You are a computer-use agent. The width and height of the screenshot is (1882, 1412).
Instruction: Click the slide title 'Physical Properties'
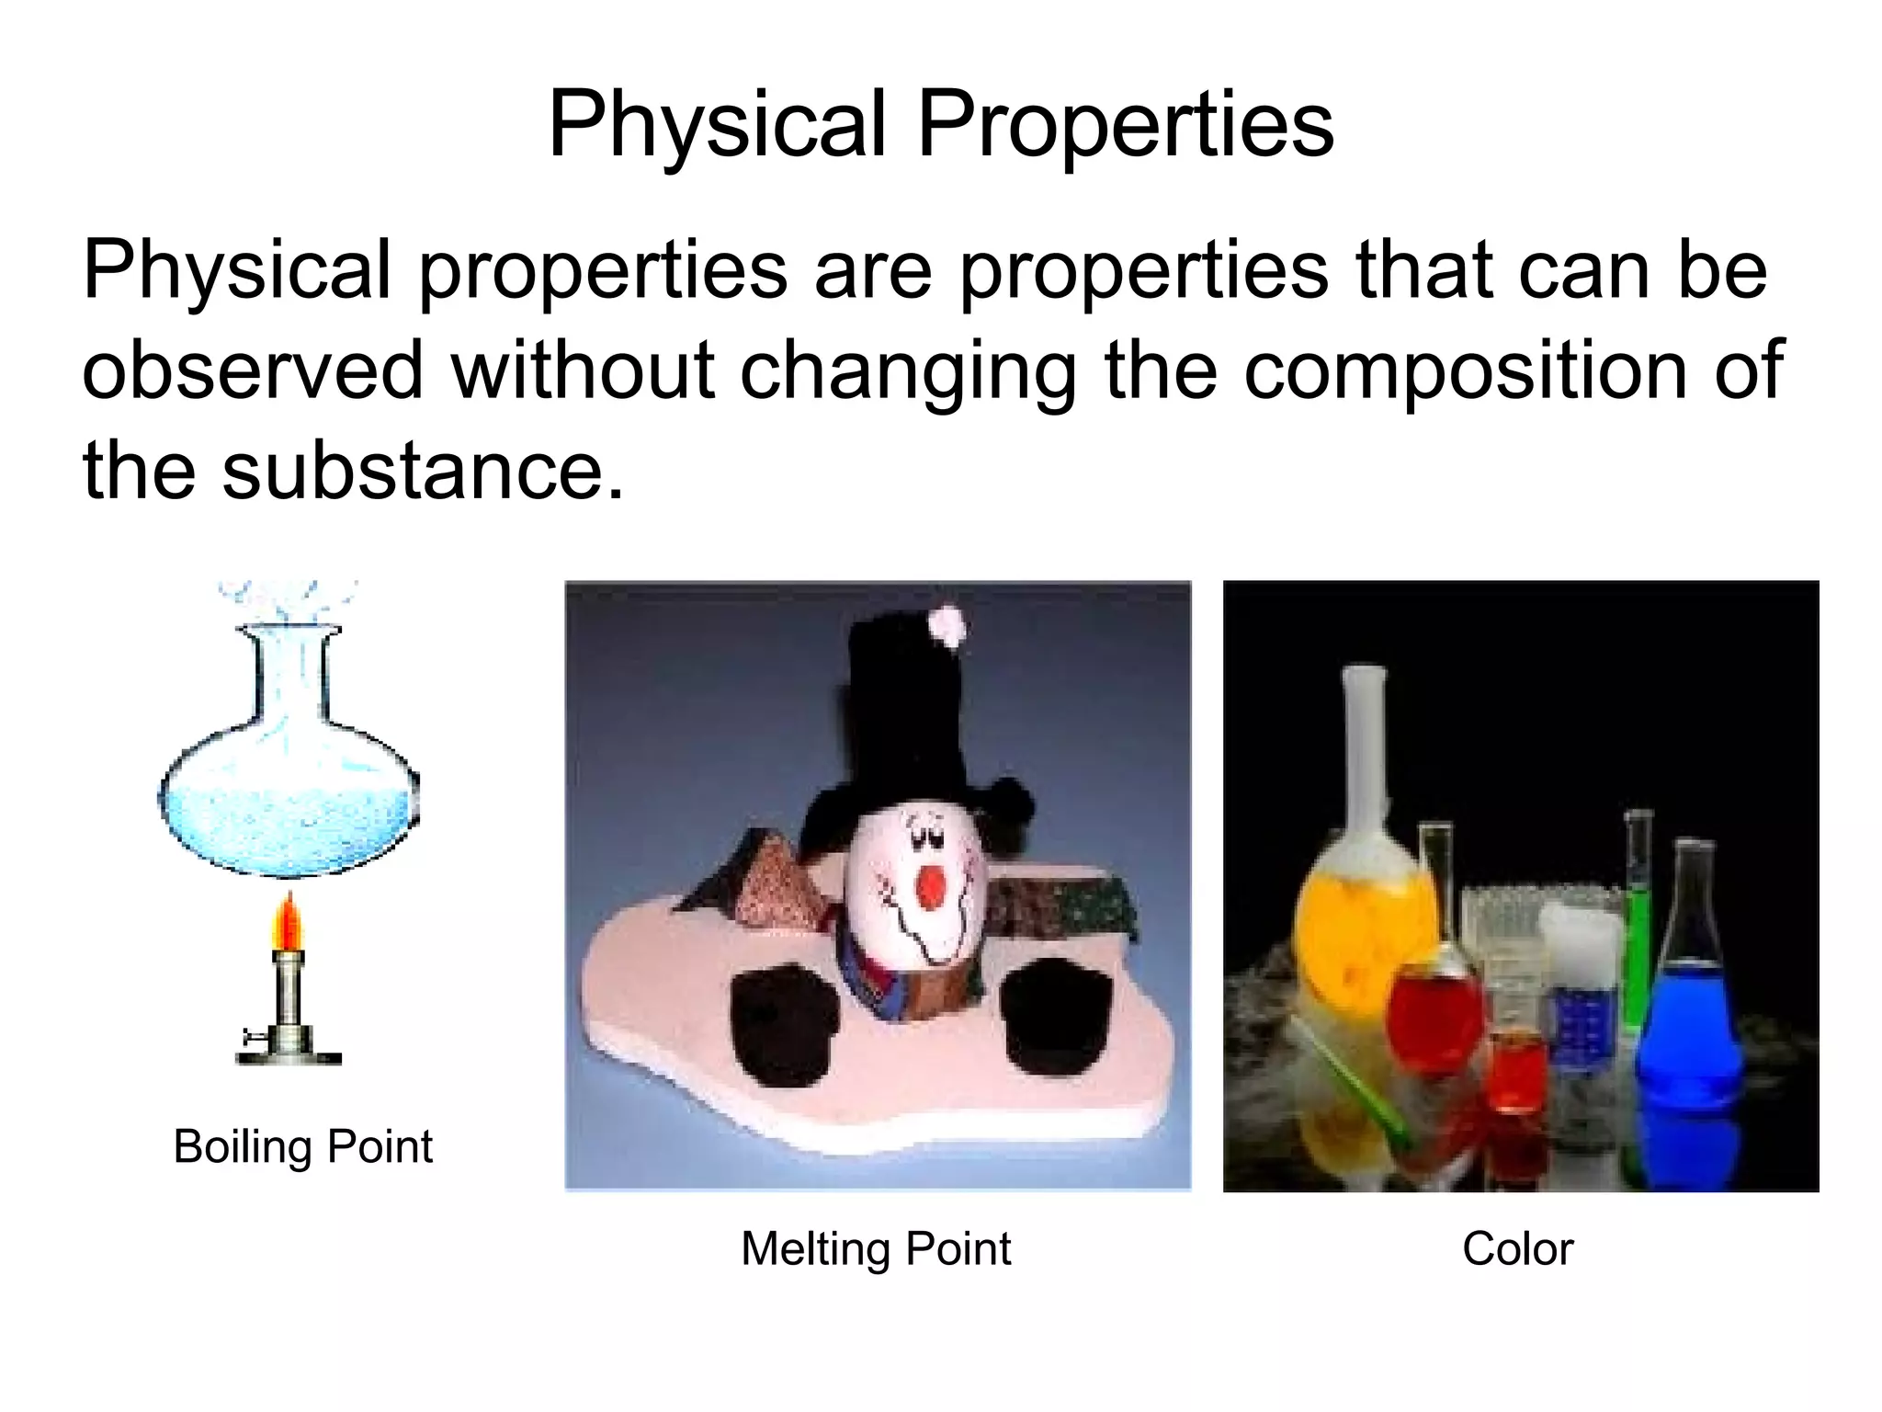(x=940, y=125)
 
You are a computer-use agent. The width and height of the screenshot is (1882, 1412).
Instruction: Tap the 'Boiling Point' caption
(x=302, y=1146)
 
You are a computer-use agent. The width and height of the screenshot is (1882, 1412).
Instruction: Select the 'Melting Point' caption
(x=876, y=1248)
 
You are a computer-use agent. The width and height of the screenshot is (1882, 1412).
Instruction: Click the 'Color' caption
(x=1517, y=1248)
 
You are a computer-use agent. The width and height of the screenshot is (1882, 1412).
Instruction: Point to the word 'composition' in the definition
(x=1465, y=370)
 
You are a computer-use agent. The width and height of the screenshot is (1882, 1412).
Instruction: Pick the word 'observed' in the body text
(x=253, y=370)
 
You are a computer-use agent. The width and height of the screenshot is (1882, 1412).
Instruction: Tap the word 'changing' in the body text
(x=907, y=372)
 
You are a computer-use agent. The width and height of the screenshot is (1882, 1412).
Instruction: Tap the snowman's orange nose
(x=931, y=887)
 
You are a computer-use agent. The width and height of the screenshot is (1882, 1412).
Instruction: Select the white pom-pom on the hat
(x=947, y=627)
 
